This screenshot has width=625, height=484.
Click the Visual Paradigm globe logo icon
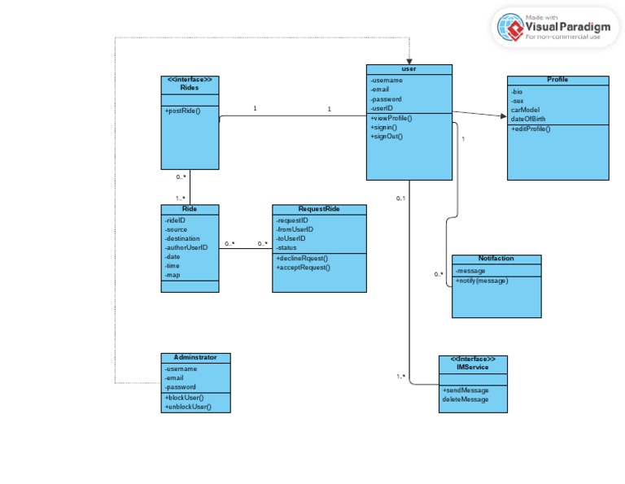(x=510, y=27)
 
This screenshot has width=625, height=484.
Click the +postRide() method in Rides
(x=182, y=111)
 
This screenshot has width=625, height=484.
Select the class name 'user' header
(x=409, y=69)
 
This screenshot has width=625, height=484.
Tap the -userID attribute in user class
(x=382, y=108)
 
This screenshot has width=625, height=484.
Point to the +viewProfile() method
(x=391, y=119)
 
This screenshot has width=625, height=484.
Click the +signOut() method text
(x=387, y=137)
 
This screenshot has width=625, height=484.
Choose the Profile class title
(x=557, y=80)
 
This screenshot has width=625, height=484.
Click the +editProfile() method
(x=531, y=129)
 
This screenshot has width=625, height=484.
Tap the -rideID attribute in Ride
(x=176, y=220)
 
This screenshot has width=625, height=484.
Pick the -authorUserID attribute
(x=186, y=247)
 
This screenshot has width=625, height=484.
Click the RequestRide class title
(x=319, y=209)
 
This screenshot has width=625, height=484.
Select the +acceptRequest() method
(x=303, y=267)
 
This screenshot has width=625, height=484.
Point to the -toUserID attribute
(x=291, y=238)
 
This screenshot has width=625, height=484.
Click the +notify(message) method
(x=482, y=281)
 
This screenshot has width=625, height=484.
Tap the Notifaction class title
(x=496, y=259)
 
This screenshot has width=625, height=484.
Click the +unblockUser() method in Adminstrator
(x=188, y=407)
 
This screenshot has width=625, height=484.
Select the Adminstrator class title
(x=195, y=358)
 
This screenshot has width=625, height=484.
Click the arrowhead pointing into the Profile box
(x=502, y=116)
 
